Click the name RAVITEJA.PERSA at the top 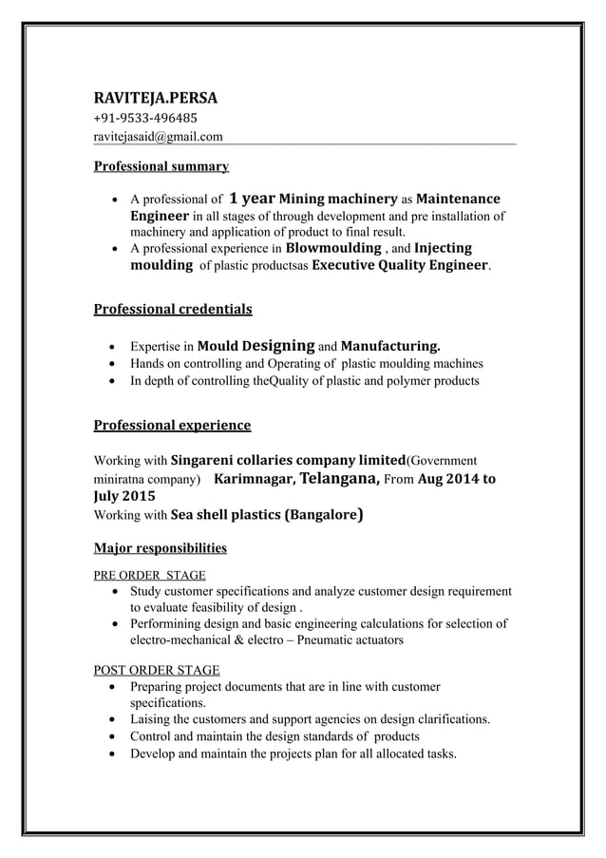coord(155,97)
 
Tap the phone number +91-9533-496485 coord(144,119)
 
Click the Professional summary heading coord(161,166)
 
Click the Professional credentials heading coord(172,309)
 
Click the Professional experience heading coord(171,425)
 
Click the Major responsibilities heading coord(160,547)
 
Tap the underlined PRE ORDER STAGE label coord(148,575)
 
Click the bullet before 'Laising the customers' coord(115,719)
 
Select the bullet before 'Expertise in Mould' coord(115,347)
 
